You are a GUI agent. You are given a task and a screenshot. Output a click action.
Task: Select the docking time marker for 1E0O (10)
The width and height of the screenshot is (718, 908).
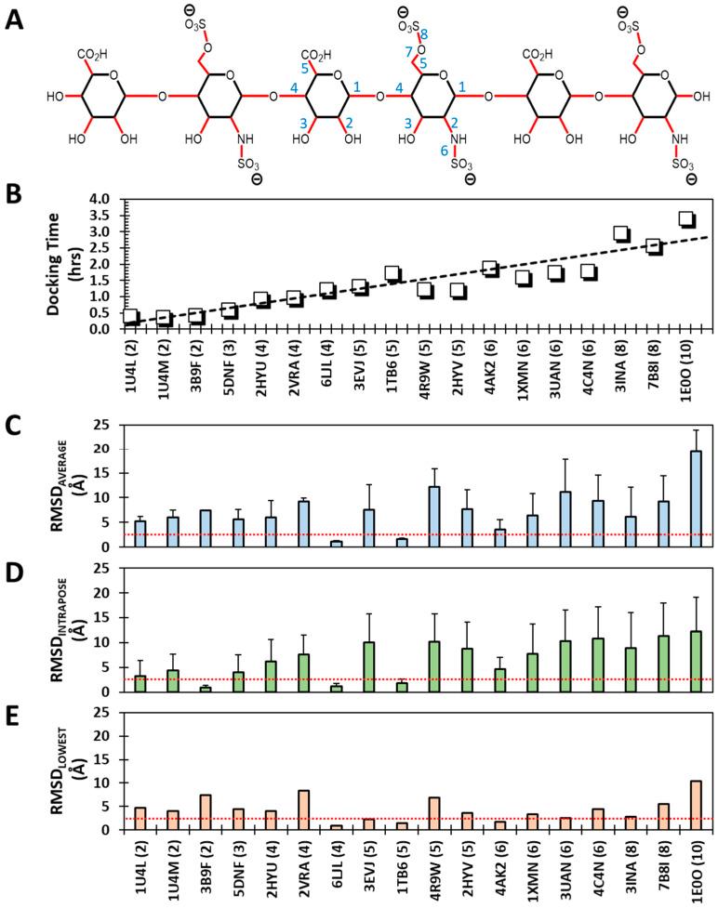686,219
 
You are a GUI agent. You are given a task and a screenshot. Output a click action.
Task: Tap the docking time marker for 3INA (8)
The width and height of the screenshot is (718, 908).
621,233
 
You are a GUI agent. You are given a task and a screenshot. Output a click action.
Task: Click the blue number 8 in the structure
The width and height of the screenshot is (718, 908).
423,34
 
